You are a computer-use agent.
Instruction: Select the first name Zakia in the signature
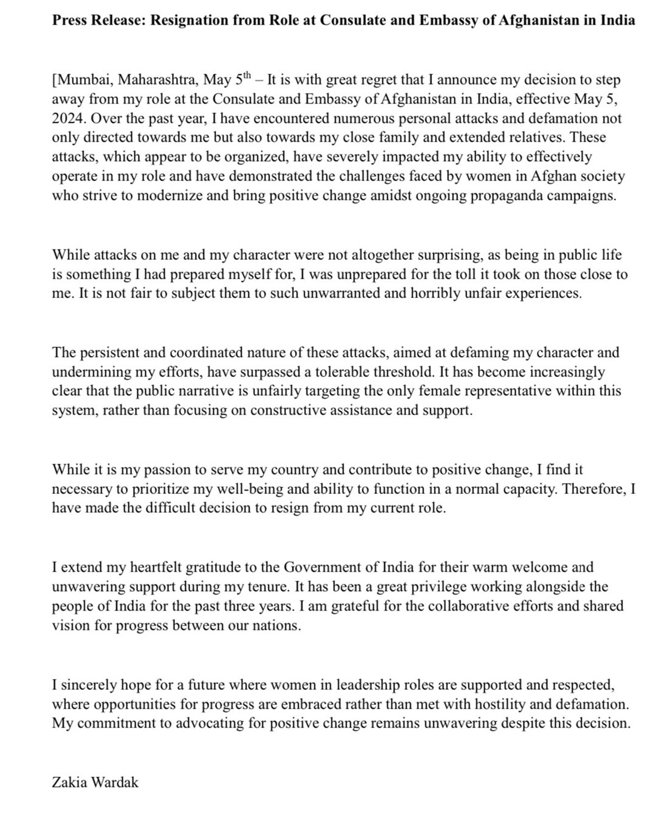tap(69, 782)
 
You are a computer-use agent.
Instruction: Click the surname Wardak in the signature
tap(115, 782)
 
